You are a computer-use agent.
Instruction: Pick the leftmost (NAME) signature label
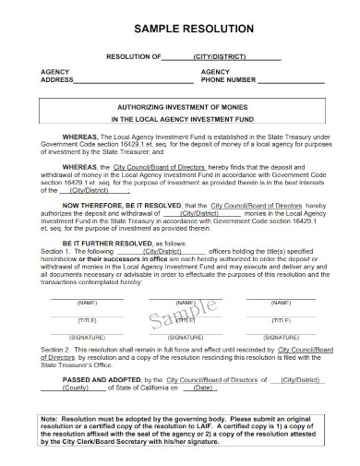tap(86, 302)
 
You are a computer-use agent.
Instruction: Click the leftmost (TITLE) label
tap(86, 319)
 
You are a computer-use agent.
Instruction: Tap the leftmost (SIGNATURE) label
tap(86, 338)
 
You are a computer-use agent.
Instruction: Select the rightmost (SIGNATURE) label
tap(283, 338)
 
